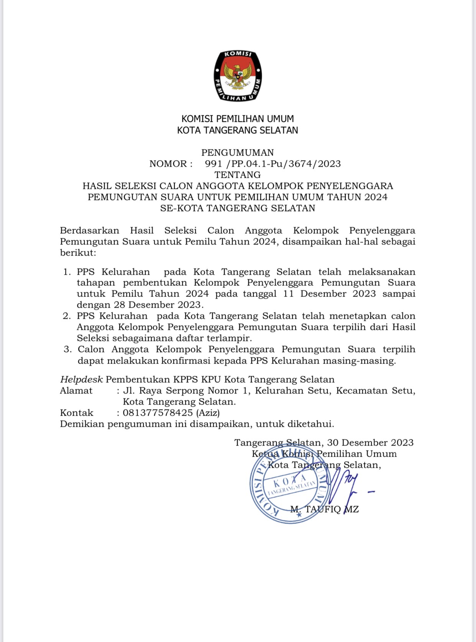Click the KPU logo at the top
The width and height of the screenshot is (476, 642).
(x=238, y=76)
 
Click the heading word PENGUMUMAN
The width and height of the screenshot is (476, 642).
(x=238, y=152)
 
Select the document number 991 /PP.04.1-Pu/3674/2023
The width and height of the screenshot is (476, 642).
(x=272, y=164)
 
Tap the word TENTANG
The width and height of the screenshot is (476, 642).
(x=238, y=175)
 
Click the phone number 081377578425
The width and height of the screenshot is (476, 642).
(x=158, y=413)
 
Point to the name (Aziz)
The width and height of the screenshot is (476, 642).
(x=208, y=413)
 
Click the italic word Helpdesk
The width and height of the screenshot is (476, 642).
(x=81, y=380)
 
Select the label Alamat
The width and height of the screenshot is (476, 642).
(x=76, y=391)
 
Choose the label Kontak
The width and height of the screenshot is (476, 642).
(x=77, y=413)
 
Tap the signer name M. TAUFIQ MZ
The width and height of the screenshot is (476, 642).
(x=324, y=509)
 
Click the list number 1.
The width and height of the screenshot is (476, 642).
(x=67, y=272)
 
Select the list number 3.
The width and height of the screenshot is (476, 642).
(x=67, y=349)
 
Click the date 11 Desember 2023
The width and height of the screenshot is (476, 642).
(x=329, y=294)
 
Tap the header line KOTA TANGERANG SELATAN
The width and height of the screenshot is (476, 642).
(x=238, y=131)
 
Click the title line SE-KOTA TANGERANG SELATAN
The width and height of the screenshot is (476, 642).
(x=238, y=208)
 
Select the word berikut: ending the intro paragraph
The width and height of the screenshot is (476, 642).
(x=78, y=253)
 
